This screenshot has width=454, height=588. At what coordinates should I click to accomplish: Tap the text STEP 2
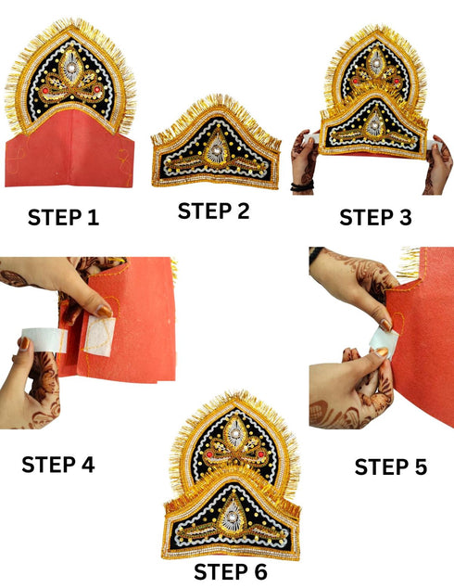(x=214, y=211)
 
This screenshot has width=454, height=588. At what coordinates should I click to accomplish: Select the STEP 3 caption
(x=375, y=217)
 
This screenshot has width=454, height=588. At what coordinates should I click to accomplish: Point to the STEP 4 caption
(x=57, y=464)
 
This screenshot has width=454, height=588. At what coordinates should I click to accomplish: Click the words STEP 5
(x=390, y=467)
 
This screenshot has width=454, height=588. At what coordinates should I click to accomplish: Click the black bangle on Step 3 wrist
(x=301, y=186)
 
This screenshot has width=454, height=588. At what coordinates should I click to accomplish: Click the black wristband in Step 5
(x=315, y=254)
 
